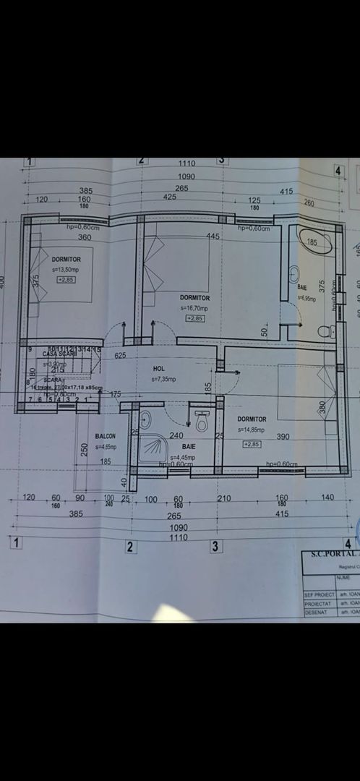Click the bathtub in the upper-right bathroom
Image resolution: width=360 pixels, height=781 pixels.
point(314,242)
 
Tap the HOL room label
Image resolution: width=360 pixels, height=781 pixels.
point(159,368)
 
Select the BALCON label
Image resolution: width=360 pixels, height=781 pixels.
point(106,437)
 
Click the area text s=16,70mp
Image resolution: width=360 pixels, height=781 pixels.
point(194,307)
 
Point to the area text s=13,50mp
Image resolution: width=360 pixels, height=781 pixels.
point(67,268)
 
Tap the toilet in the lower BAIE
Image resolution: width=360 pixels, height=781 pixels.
point(202,420)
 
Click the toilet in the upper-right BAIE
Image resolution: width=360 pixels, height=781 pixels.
point(327,332)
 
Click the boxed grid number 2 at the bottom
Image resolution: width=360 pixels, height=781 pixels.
point(131,547)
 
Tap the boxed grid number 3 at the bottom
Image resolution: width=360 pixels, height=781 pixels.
point(215,546)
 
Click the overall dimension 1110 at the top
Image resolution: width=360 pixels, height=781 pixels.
point(187,164)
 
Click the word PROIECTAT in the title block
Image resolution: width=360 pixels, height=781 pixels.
point(319,602)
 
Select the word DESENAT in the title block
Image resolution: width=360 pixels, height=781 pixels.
point(317,612)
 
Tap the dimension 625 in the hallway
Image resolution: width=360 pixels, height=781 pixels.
point(120,355)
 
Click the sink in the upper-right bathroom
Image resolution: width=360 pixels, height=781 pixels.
point(294,276)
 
